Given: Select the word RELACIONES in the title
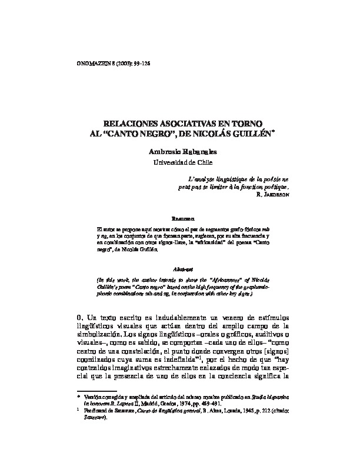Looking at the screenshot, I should [125, 125].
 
